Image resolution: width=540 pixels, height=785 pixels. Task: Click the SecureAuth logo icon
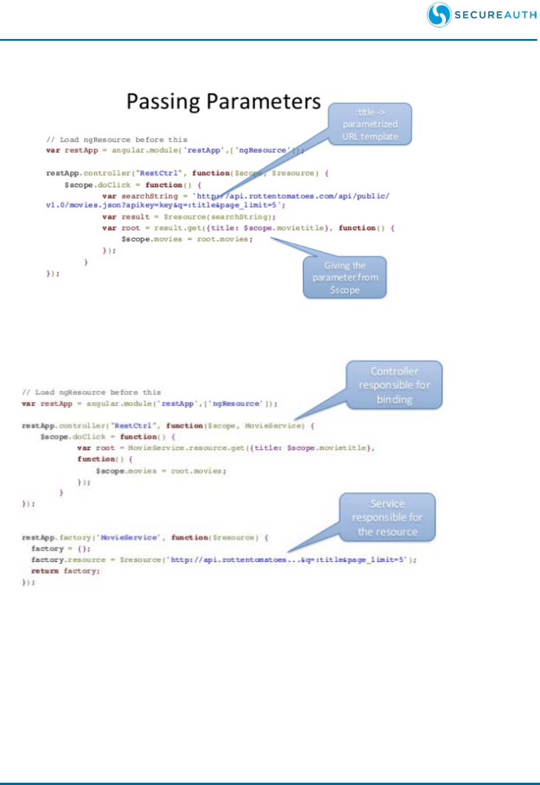438,15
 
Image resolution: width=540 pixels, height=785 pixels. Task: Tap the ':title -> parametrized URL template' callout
370,125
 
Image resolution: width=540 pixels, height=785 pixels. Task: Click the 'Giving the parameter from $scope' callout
345,278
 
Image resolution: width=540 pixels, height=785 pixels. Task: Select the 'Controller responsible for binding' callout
394,385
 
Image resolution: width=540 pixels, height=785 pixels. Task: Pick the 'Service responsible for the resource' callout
387,518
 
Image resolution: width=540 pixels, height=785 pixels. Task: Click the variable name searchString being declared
150,196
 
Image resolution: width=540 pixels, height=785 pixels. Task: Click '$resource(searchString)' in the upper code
220,217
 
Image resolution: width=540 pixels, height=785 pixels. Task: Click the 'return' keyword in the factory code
45,571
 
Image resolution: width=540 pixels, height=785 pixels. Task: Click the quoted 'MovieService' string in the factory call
129,538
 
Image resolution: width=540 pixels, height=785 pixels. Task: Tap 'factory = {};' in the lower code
61,549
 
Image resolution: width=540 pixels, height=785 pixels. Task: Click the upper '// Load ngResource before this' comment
116,139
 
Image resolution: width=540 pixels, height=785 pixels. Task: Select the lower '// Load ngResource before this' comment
92,392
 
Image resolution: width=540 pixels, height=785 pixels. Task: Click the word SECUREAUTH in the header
495,15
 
